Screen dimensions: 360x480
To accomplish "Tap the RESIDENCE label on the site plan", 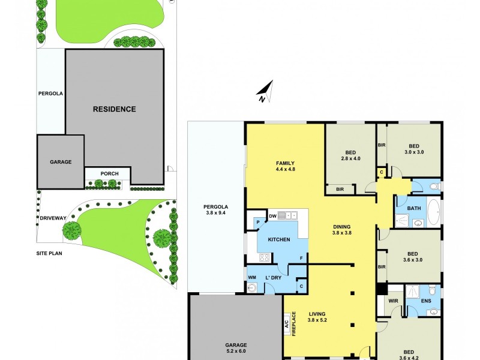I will click(114, 109).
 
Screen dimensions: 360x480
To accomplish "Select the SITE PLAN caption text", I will click(50, 253).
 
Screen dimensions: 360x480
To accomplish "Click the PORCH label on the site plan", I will click(109, 174).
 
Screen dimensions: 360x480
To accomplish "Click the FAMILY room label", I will click(285, 163).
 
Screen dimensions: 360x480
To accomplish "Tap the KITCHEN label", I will click(279, 239).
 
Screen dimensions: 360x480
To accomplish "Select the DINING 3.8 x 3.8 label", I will click(345, 230).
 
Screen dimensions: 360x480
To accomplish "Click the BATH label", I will click(414, 209).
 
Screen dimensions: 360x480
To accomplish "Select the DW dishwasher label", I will click(272, 215).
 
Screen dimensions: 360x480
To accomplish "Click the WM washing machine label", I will click(252, 277).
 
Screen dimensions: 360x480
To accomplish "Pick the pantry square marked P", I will click(258, 222).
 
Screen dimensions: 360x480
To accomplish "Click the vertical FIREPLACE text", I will click(295, 324).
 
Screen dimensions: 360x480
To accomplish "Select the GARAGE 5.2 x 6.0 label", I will click(236, 348).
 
